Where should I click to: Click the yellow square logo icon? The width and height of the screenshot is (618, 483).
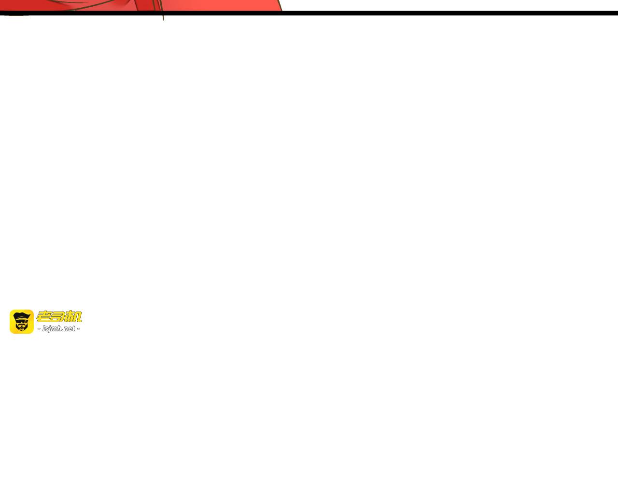[x=22, y=321]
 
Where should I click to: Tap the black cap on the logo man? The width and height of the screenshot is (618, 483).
[x=22, y=316]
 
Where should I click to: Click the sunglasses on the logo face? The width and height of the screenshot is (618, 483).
[x=22, y=322]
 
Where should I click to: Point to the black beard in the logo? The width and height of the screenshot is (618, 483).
[x=22, y=327]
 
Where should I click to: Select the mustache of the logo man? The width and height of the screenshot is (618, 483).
[x=22, y=325]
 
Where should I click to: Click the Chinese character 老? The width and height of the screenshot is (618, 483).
[x=43, y=316]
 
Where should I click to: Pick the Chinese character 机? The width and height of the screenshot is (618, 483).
[x=73, y=316]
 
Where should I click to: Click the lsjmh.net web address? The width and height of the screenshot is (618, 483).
[x=58, y=328]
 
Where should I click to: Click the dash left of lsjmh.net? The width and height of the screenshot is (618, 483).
[x=39, y=329]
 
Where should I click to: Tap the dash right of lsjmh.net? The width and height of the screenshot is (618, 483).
[x=79, y=329]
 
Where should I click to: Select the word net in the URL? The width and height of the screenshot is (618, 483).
[x=70, y=328]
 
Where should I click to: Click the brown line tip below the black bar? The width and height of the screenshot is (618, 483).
[x=164, y=20]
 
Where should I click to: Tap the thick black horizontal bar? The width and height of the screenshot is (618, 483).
[x=309, y=13]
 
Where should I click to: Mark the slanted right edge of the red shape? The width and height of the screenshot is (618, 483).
[x=280, y=5]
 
